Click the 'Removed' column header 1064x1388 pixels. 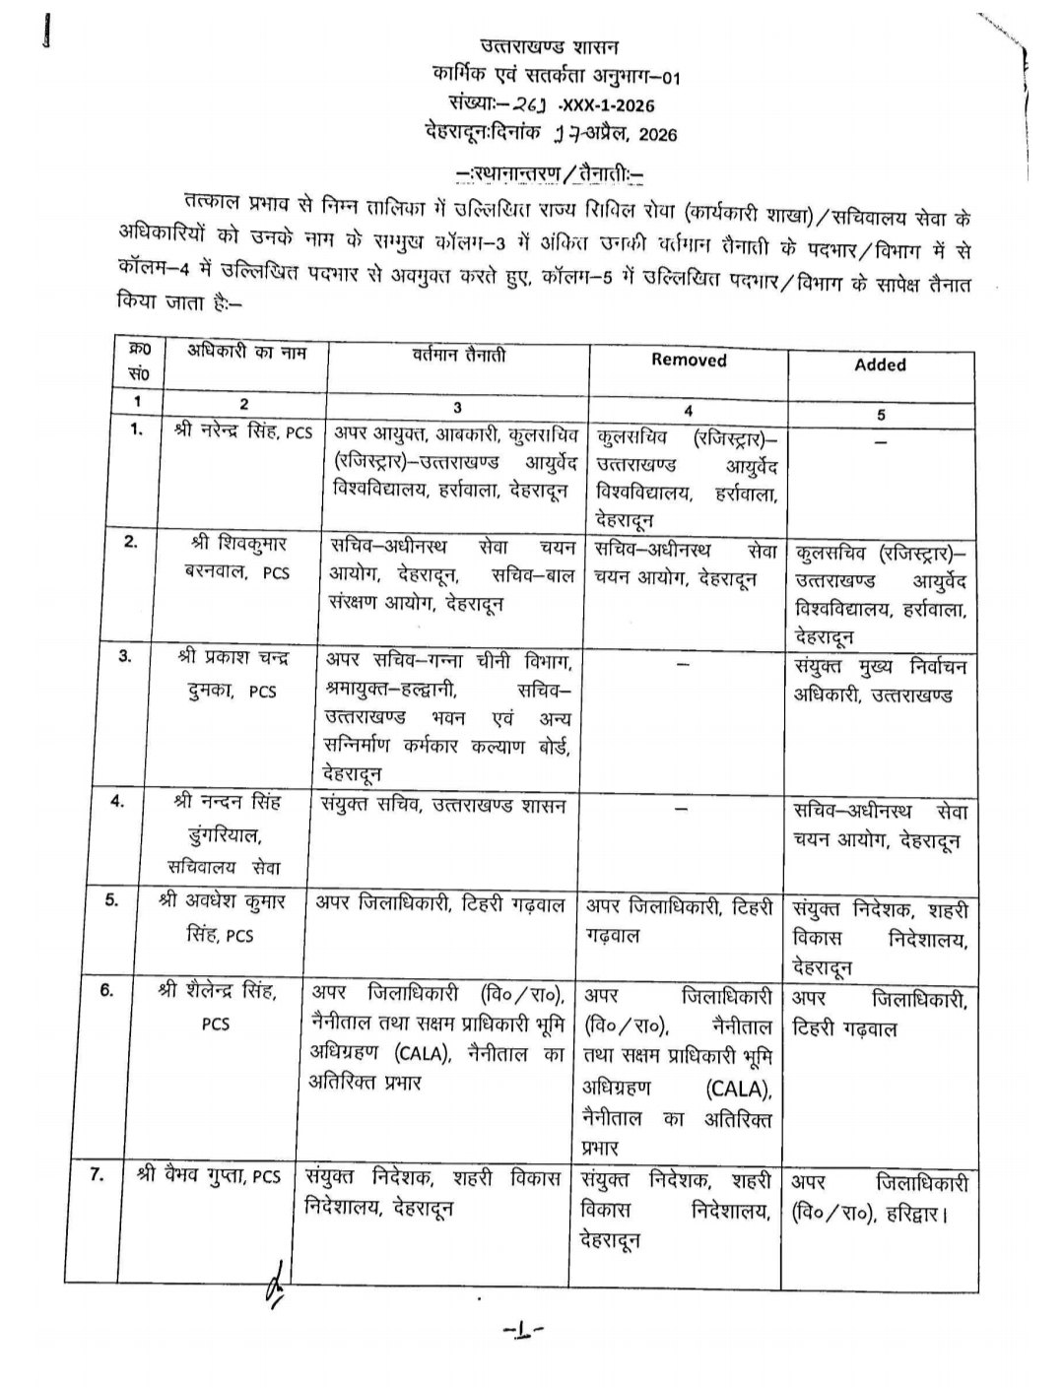point(689,361)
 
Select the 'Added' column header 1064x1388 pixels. point(880,364)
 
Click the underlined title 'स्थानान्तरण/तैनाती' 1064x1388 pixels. point(551,174)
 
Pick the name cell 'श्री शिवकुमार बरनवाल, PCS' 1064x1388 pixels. point(238,558)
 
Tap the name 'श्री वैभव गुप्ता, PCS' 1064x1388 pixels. point(210,1175)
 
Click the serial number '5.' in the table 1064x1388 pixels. point(112,898)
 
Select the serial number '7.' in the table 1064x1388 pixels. point(98,1174)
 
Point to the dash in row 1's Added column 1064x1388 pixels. point(880,442)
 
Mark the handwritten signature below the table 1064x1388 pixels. point(273,1284)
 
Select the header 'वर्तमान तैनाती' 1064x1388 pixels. point(458,355)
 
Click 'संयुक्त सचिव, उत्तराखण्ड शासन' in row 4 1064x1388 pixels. point(443,806)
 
